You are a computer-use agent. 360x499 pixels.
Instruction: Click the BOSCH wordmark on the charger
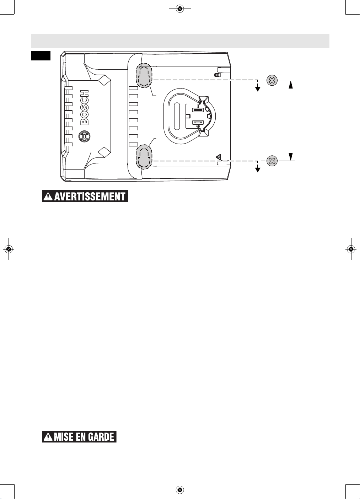pyautogui.click(x=85, y=107)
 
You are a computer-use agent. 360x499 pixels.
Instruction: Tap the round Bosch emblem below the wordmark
pyautogui.click(x=85, y=136)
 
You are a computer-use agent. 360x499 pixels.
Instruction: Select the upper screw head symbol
pyautogui.click(x=272, y=80)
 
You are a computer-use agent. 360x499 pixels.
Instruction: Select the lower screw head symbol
pyautogui.click(x=272, y=161)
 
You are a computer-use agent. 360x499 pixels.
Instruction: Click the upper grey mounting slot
pyautogui.click(x=144, y=75)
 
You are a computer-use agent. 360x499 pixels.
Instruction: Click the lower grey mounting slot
pyautogui.click(x=144, y=156)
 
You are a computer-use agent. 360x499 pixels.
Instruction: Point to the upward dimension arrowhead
pyautogui.click(x=291, y=85)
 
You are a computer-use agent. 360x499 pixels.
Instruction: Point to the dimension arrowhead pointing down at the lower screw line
pyautogui.click(x=291, y=156)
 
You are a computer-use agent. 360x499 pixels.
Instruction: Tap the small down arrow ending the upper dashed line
pyautogui.click(x=258, y=88)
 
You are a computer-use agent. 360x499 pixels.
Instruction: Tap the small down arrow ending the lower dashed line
pyautogui.click(x=258, y=169)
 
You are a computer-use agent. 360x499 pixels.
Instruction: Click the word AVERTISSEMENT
pyautogui.click(x=90, y=197)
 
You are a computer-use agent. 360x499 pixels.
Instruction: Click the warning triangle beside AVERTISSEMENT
pyautogui.click(x=48, y=197)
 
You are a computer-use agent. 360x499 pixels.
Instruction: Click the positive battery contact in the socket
pyautogui.click(x=198, y=122)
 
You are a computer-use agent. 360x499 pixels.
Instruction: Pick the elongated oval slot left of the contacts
pyautogui.click(x=177, y=116)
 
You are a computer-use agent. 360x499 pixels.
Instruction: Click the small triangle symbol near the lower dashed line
pyautogui.click(x=219, y=157)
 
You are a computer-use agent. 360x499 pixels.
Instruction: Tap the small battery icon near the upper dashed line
pyautogui.click(x=217, y=75)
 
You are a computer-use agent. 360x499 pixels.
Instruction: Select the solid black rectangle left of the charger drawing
pyautogui.click(x=41, y=56)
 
